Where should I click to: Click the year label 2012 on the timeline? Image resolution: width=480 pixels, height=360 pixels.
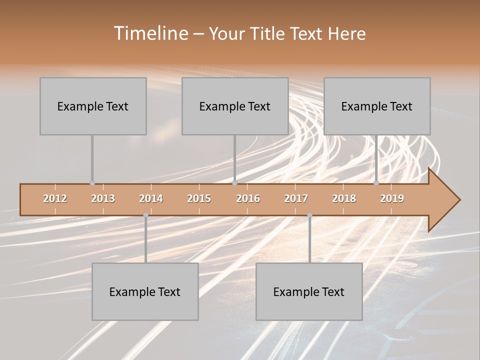pos(55,198)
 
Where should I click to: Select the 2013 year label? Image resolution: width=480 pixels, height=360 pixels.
pos(103,198)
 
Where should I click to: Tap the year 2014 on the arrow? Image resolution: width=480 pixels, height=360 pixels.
pos(151,198)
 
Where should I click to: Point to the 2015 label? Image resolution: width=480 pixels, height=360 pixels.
pos(199,198)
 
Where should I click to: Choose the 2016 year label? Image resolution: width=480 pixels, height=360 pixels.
pos(248,198)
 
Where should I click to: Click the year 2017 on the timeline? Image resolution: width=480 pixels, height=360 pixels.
pos(296,198)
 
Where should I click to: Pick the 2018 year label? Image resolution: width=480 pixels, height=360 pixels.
pos(344,198)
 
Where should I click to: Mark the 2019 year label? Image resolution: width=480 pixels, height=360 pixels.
pos(392,198)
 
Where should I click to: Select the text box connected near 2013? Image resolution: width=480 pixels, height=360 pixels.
pos(93,106)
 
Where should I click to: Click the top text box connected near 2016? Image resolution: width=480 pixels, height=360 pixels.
pos(235,106)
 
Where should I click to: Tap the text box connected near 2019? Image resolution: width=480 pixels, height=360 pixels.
pos(377,106)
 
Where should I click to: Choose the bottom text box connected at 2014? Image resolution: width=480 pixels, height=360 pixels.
pos(145,291)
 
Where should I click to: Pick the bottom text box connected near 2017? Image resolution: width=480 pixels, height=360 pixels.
pos(309,291)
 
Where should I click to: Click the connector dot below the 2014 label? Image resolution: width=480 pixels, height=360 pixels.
pos(145,215)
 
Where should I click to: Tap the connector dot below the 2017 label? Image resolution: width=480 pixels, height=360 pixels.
pos(309,215)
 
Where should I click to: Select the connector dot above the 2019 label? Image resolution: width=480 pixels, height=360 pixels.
pos(376,183)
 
